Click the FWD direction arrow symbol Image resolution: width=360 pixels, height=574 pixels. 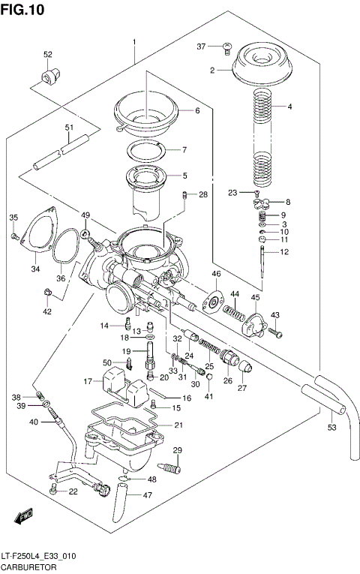click(22, 517)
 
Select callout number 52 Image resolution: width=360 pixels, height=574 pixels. click(48, 54)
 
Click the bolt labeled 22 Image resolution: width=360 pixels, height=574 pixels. click(53, 491)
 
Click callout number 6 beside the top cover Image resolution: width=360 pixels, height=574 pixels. click(197, 110)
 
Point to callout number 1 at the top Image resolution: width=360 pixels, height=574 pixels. click(134, 41)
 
